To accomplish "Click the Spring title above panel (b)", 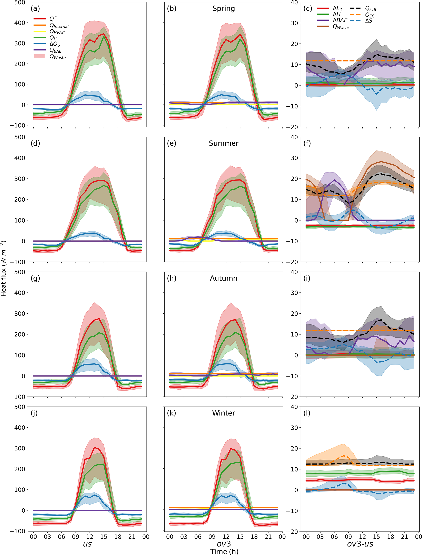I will [224, 9].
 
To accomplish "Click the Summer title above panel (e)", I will [224, 144].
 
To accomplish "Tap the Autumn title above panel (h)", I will [224, 278].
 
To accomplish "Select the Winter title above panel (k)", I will [224, 413].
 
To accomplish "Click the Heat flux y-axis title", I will [3, 268].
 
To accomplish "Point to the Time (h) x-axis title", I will [224, 552].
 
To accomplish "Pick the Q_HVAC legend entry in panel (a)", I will [57, 32].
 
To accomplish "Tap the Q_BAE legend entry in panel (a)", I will [55, 50].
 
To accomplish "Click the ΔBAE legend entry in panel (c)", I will [340, 20].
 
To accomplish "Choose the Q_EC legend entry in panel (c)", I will [370, 15].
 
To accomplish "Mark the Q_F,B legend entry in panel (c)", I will [371, 9].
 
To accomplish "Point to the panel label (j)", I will [34, 413].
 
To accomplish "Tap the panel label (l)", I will [307, 413].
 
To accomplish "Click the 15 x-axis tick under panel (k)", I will [240, 537].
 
